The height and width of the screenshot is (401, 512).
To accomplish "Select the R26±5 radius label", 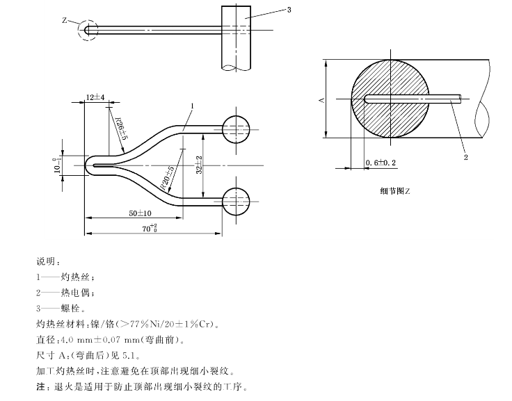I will point(121,129).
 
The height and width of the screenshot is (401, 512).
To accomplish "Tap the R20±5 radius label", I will point(168,179).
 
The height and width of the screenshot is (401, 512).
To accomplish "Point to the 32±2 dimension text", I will point(199,164).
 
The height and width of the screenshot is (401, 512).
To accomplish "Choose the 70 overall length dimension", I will point(149,227).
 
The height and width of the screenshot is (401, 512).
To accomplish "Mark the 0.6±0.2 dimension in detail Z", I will point(381,162).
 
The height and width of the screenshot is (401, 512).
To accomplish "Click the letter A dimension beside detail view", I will point(321,100).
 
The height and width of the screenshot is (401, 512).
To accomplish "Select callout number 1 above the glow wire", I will point(191,105).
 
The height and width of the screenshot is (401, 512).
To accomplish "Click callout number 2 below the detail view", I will point(465,158).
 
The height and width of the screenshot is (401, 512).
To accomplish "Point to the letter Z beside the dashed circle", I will point(65,21).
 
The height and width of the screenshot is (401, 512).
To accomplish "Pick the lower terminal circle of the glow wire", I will point(237,202).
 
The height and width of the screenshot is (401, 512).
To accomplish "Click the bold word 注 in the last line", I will point(40,386).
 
